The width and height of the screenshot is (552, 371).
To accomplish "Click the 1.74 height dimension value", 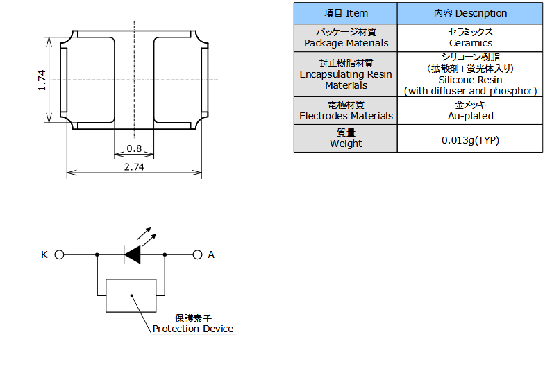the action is pos(42,80).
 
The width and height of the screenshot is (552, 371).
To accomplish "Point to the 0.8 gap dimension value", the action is pos(134,149).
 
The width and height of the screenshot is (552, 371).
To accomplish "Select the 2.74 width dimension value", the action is pos(134,166).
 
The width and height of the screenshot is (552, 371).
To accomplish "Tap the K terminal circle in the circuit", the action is pos(59,254).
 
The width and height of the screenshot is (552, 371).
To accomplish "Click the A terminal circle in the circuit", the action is pos(197,254).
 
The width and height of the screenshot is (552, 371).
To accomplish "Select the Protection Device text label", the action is pos(193,329).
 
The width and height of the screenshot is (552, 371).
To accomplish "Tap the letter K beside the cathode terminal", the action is pos(44,254).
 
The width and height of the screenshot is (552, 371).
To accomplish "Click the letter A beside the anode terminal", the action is pos(211,254).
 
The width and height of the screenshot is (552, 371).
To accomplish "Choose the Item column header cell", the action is pos(346,13).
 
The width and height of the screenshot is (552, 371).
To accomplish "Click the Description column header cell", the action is pos(470,13).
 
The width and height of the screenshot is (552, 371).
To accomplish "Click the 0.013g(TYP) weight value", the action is pos(470,140).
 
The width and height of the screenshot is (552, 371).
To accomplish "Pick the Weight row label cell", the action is pos(346,138).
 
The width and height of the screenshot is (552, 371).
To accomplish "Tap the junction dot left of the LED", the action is pos(97,254).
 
